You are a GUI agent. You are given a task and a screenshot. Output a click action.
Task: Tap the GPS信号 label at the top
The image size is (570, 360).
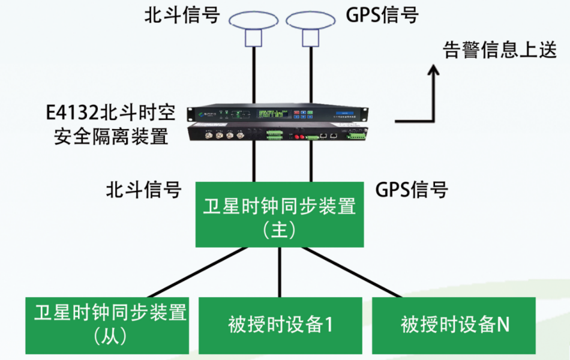tap(382, 15)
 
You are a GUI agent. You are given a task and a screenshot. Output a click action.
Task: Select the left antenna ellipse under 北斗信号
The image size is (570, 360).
tap(253, 20)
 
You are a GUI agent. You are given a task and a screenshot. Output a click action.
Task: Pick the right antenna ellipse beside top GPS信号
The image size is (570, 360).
tap(310, 20)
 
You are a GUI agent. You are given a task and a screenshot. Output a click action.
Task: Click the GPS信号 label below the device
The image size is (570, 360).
tap(412, 190)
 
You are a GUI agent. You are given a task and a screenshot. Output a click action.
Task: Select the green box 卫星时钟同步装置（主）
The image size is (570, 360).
tap(280, 215)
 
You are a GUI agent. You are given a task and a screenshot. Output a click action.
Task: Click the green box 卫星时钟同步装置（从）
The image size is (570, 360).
tap(107, 325)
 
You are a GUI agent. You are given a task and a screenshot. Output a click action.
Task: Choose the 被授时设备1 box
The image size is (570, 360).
tap(280, 325)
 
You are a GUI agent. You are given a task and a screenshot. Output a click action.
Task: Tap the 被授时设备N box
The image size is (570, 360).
tap(454, 325)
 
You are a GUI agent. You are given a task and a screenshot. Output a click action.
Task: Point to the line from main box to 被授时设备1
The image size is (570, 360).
tap(280, 272)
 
